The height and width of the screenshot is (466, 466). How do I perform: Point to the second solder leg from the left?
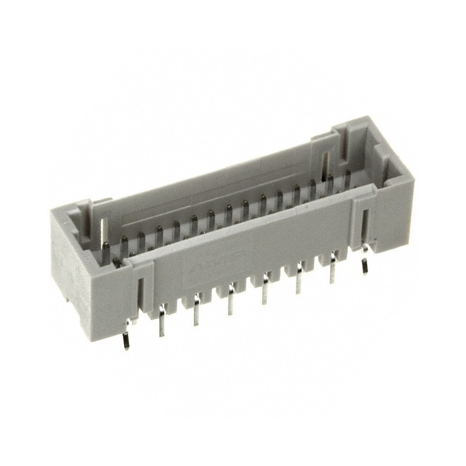pyautogui.click(x=161, y=324)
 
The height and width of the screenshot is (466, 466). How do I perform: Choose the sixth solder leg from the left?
pyautogui.click(x=299, y=278)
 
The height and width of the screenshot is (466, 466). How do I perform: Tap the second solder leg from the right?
pyautogui.click(x=333, y=269)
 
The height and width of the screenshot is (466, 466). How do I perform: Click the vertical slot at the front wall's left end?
pyautogui.click(x=140, y=289)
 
